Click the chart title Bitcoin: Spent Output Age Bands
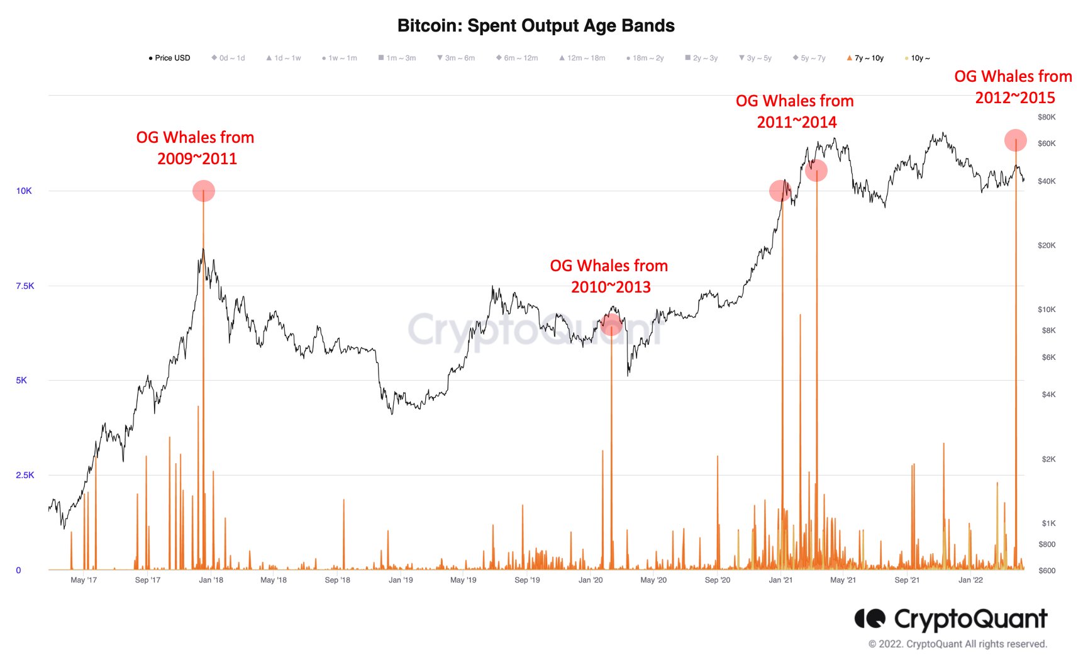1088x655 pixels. (x=536, y=26)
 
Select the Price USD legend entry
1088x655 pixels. (x=170, y=58)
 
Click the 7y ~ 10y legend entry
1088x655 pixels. (x=866, y=58)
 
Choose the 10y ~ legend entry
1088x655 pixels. (x=918, y=58)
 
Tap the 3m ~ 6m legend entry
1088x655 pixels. (x=457, y=58)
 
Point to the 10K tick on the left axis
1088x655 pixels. (x=24, y=191)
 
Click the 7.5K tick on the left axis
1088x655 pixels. (x=25, y=286)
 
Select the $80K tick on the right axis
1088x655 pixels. (x=1046, y=117)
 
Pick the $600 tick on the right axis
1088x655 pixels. (x=1046, y=571)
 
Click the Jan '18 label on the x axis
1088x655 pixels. (x=211, y=580)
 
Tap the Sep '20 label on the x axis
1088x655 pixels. (x=717, y=580)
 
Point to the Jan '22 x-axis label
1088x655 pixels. (x=970, y=580)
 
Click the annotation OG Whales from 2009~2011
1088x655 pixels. (x=196, y=148)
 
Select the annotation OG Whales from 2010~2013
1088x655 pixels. (x=609, y=276)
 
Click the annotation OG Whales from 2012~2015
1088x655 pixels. (x=1013, y=87)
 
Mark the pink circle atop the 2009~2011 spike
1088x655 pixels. (x=204, y=191)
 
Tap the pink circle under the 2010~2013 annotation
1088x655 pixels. (x=611, y=325)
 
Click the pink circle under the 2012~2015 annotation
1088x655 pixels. (x=1016, y=140)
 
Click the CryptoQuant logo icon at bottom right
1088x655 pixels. (x=870, y=619)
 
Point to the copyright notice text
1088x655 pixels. (x=957, y=644)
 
